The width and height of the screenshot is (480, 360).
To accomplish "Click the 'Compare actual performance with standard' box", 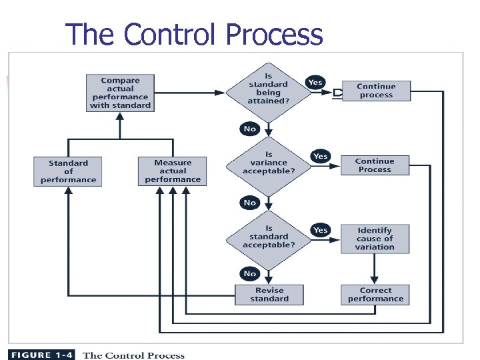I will (120, 93).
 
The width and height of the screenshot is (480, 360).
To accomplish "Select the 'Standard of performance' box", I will (68, 171).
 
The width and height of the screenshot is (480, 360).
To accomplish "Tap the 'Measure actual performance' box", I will (173, 171).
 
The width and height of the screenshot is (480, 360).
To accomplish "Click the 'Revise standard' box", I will (269, 295).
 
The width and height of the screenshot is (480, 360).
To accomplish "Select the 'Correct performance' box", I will (375, 295).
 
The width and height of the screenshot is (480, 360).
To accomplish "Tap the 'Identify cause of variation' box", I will (375, 239).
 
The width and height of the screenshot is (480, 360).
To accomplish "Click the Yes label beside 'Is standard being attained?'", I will (315, 83).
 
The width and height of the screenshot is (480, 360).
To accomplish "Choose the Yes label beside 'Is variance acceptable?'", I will (321, 156).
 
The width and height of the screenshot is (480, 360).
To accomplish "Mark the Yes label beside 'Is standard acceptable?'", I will (321, 230).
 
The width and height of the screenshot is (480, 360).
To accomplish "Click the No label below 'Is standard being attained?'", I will (249, 129).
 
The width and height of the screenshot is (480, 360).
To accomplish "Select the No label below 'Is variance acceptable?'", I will (249, 203).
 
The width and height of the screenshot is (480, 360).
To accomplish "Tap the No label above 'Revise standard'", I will (249, 274).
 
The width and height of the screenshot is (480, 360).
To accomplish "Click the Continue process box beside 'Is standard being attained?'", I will (376, 91).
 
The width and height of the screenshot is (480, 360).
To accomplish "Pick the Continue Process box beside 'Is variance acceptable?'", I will (375, 165).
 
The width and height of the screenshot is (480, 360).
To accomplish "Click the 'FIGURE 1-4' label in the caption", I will (43, 355).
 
